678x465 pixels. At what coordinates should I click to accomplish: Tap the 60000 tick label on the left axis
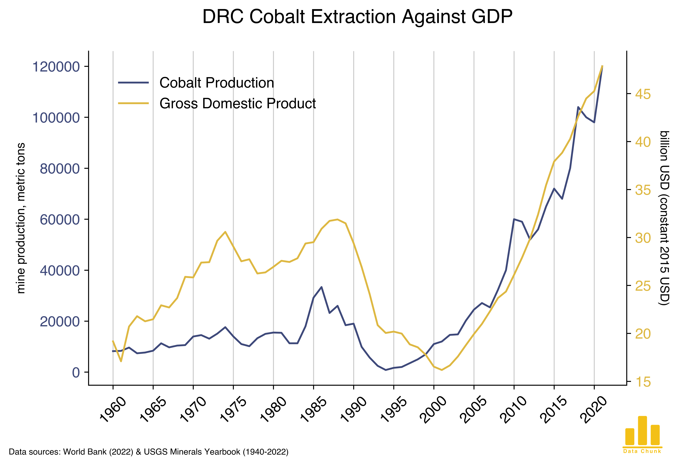60,220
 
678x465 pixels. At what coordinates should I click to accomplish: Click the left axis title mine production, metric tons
21,218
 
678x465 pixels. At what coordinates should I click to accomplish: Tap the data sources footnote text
149,452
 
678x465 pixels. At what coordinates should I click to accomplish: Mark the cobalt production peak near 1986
321,287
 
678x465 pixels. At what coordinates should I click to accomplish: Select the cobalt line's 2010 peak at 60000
514,219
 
